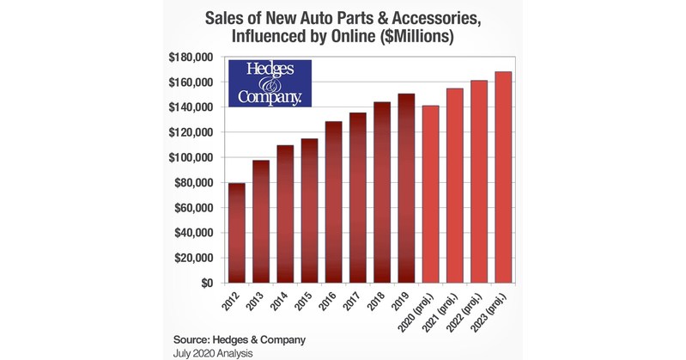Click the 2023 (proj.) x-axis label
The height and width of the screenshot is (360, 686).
[x=493, y=310]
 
